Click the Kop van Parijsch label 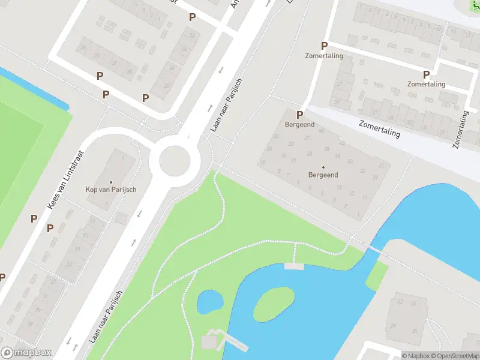point(111,190)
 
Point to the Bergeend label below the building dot point(323,175)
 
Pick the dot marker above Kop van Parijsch point(111,182)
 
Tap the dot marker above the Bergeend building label point(323,167)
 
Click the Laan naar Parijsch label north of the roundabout point(226,105)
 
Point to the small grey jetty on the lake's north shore point(293,266)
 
